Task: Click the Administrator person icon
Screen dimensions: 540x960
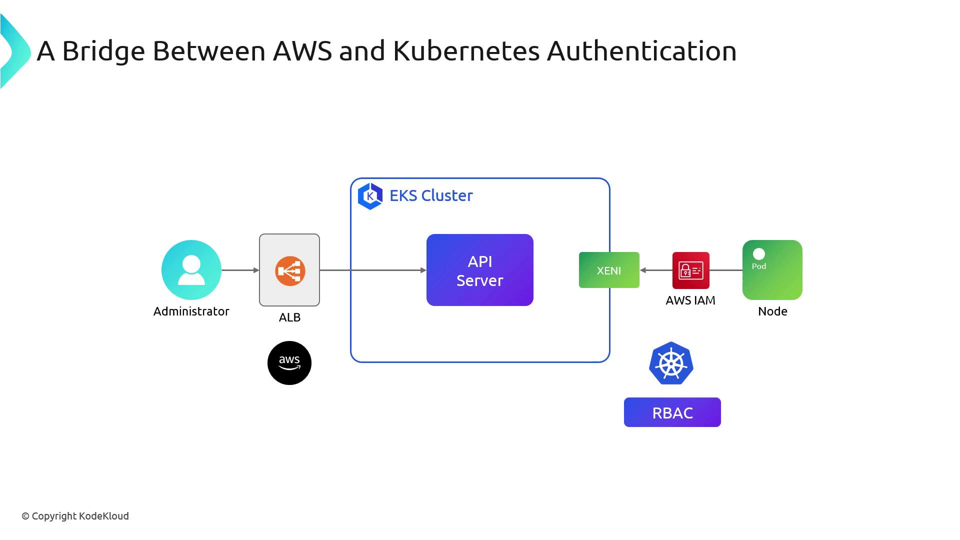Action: point(191,270)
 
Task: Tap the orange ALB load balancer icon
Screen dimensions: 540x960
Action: point(290,271)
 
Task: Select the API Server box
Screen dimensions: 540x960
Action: point(479,270)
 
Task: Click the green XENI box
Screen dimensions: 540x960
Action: point(608,270)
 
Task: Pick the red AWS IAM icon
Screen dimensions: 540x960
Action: point(690,270)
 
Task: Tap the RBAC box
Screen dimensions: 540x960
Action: point(672,412)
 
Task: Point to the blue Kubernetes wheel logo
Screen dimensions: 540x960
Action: point(671,363)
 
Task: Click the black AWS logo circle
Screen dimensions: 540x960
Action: point(289,363)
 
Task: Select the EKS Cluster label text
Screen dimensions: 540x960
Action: point(431,195)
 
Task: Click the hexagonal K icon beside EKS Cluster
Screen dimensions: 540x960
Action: point(370,196)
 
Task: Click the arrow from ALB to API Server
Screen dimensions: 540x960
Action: point(372,270)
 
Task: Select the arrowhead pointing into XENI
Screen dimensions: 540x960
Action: point(643,270)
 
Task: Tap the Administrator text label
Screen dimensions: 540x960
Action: point(191,311)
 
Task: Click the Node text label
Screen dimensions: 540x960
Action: point(772,311)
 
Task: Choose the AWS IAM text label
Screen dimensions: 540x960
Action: point(690,300)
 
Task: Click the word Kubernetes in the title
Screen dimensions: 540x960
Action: point(466,51)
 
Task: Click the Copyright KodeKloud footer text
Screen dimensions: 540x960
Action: point(75,516)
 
